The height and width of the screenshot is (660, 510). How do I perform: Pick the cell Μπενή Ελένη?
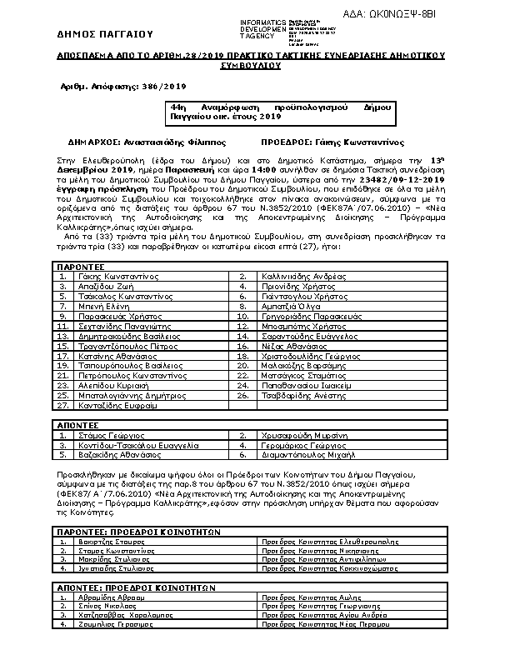(x=97, y=329)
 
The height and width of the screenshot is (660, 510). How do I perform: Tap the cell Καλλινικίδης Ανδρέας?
(x=297, y=297)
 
